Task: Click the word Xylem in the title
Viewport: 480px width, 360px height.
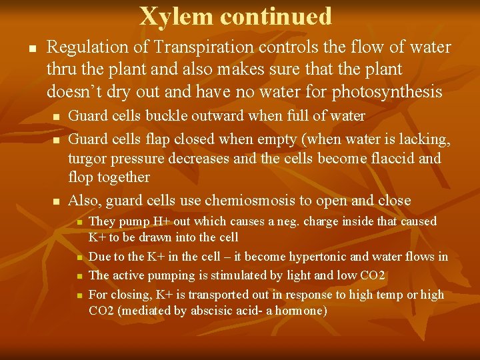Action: pyautogui.click(x=176, y=16)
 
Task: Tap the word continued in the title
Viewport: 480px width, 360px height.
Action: pyautogui.click(x=276, y=16)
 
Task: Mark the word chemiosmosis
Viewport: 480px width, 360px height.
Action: pyautogui.click(x=249, y=201)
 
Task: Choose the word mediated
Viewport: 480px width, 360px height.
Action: pyautogui.click(x=142, y=310)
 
